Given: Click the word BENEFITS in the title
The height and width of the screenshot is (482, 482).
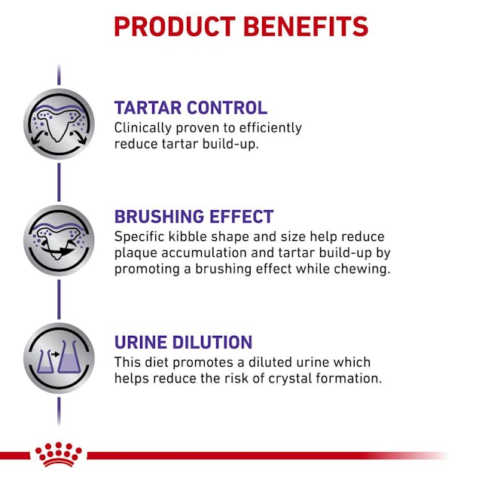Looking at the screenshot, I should click(x=307, y=26).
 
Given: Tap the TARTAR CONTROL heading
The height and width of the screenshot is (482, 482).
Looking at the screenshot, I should click(x=191, y=108).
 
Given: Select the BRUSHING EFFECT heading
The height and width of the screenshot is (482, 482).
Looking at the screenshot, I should click(x=194, y=217).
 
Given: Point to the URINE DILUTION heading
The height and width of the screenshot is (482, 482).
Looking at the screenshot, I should click(x=183, y=342).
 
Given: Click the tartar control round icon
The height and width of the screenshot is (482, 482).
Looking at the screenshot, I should click(x=59, y=124).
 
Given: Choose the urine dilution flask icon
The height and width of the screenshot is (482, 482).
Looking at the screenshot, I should click(x=59, y=358).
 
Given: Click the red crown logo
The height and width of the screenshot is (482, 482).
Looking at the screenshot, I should click(x=58, y=454).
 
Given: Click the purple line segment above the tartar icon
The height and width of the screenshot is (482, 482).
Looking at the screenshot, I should click(x=59, y=76).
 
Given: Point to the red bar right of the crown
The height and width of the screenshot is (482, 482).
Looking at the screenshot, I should click(x=264, y=455).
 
